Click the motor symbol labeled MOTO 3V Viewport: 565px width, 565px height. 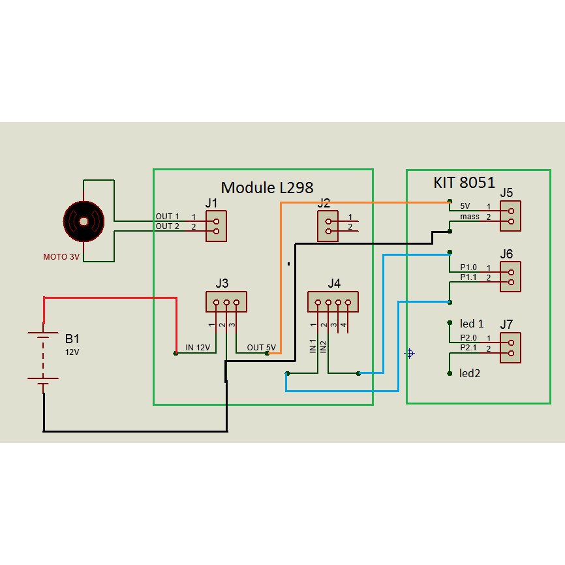coord(84,221)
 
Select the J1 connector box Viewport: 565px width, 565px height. coord(216,226)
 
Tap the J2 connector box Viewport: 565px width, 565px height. coord(328,226)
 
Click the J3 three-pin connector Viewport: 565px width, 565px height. coord(226,302)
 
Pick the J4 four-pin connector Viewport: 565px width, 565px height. coord(333,303)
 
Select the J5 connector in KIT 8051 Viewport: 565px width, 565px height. coord(510,216)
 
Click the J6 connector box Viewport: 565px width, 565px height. coord(510,277)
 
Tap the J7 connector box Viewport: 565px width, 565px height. coord(510,348)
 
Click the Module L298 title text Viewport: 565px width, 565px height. coord(267,187)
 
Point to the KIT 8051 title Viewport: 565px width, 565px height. coord(465,183)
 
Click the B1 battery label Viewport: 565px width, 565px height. coord(72,339)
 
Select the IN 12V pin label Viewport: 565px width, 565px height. coord(198,348)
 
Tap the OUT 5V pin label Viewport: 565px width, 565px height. coord(261,348)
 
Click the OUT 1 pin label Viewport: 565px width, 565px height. coord(167,216)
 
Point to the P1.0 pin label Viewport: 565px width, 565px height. coord(468,267)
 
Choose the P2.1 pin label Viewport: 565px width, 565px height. coord(468,348)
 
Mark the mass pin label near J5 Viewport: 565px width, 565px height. coord(470,216)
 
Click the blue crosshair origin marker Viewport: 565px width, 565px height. coord(410,353)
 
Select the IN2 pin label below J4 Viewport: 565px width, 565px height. coord(324,346)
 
